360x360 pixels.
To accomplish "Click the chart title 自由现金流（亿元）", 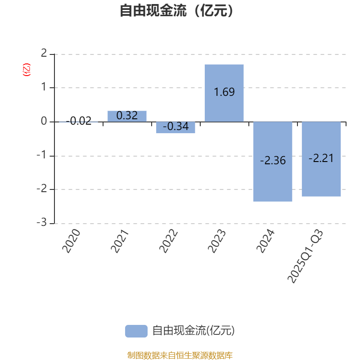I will [176, 10].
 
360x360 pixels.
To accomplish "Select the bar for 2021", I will [127, 116].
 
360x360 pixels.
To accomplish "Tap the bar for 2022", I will [175, 127].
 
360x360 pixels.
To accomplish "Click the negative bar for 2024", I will [273, 180].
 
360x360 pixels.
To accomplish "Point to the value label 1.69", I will [224, 92].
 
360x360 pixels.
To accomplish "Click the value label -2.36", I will [273, 161].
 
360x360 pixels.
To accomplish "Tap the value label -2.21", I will [321, 158].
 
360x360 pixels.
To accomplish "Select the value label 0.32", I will [127, 116].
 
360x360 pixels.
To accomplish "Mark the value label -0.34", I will [175, 127].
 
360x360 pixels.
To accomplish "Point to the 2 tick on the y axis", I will [44, 54].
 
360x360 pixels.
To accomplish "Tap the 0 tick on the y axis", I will [44, 121].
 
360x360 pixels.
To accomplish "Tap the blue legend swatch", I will [136, 331].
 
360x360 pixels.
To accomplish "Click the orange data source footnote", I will [180, 355].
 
